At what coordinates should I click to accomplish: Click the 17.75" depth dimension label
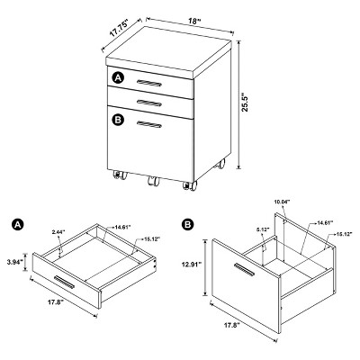[112, 27]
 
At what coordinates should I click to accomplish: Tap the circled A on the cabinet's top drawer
[116, 79]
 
